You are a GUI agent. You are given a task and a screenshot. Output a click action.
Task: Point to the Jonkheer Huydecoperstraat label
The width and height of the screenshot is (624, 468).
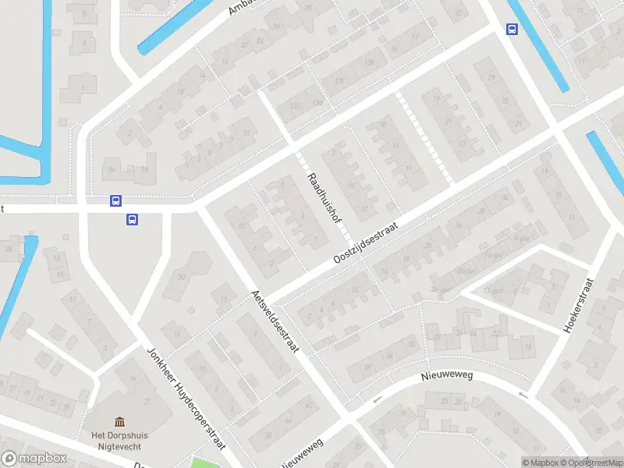point(186,397)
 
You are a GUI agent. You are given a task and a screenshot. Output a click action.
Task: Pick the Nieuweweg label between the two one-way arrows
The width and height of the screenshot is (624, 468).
point(448,377)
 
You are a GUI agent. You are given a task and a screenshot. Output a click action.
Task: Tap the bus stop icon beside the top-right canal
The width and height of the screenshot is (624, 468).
point(512,30)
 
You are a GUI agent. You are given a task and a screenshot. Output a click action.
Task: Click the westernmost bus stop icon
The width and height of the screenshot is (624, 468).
point(115,200)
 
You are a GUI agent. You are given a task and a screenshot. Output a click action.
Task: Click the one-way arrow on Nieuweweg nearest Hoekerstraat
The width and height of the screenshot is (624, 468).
point(523,395)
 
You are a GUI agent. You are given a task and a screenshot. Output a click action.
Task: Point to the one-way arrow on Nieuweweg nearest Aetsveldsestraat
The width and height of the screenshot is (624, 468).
point(377,400)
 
